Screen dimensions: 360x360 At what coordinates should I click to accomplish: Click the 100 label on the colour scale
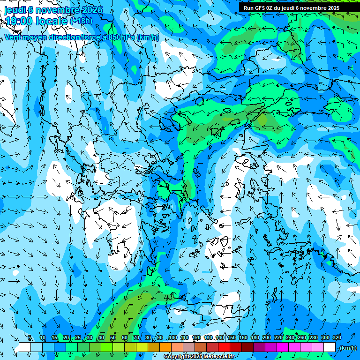173,337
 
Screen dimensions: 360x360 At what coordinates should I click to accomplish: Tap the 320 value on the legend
337,337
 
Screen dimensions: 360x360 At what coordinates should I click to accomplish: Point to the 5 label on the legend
30,337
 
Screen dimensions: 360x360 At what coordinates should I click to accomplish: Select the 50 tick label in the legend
113,337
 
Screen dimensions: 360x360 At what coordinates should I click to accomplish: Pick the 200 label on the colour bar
267,337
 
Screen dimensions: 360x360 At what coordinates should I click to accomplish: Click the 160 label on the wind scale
243,337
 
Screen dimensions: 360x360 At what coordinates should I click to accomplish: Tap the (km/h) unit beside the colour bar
348,348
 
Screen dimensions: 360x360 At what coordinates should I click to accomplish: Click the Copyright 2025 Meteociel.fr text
199,357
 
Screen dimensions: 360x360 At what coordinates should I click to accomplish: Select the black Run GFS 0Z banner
292,8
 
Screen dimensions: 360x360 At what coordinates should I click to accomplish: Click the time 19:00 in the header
18,21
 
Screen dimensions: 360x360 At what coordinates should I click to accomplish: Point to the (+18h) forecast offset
82,21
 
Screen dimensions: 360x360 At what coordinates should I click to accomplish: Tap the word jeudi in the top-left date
15,9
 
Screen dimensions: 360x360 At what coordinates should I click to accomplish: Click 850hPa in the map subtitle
121,37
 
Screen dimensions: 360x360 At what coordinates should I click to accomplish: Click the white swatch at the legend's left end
25,347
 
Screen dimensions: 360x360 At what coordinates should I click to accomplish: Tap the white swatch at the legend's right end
330,347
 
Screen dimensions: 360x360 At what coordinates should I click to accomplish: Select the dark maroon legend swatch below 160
247,347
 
